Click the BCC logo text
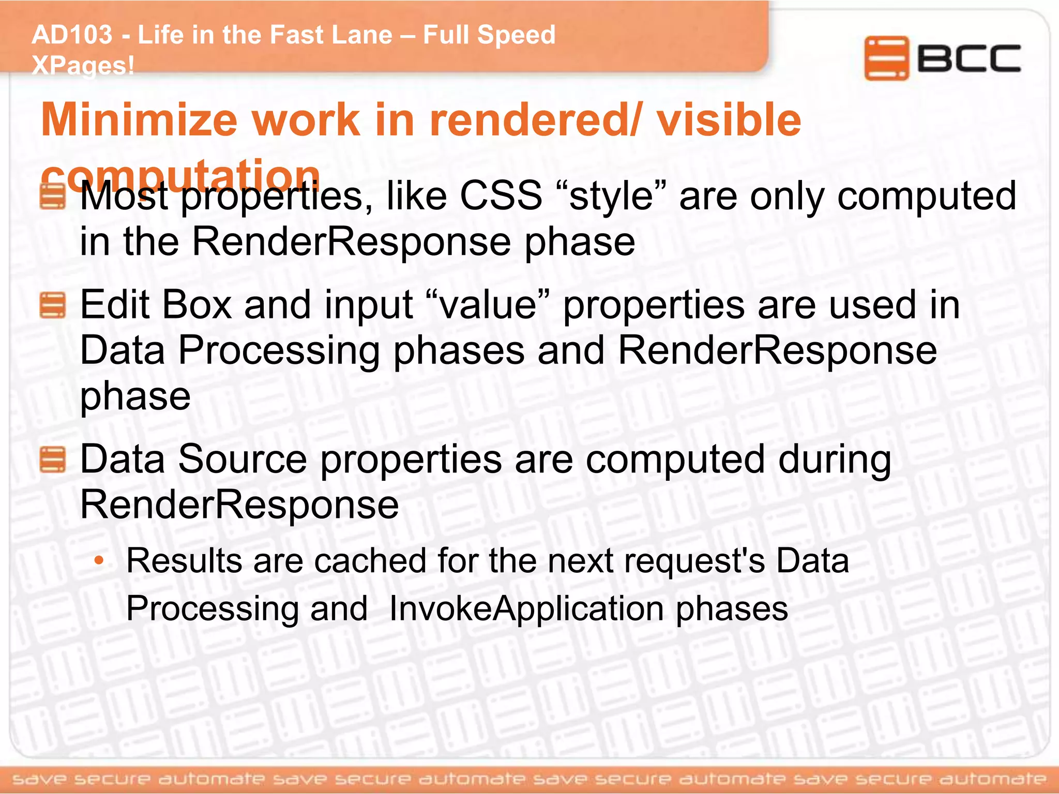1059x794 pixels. pos(969,58)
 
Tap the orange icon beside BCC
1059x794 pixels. pos(886,58)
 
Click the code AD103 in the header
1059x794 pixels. pos(72,35)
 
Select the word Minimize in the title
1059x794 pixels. pos(139,120)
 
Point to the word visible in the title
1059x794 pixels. pos(729,120)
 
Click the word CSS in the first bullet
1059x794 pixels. pos(501,196)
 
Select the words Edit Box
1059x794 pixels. pos(156,305)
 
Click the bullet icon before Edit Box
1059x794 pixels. pos(53,305)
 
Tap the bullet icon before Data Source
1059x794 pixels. pos(53,460)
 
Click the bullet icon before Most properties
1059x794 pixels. pos(53,196)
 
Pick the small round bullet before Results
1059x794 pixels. pos(99,561)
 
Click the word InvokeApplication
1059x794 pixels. pos(526,608)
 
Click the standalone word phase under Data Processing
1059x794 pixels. pos(135,397)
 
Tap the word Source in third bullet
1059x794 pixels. pos(243,460)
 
